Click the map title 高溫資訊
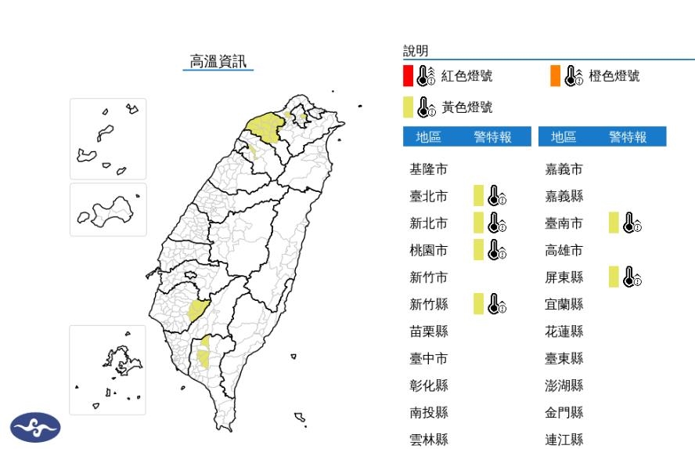(x=218, y=61)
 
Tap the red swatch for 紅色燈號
(x=408, y=76)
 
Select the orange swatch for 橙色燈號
(x=555, y=76)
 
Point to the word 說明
(x=416, y=51)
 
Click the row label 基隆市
(x=429, y=169)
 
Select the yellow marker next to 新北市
(x=478, y=223)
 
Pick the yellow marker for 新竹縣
(x=478, y=304)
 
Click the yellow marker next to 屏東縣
(x=614, y=277)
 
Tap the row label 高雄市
(x=564, y=251)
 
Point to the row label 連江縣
(x=564, y=440)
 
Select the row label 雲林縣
(x=429, y=440)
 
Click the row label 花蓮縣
(x=564, y=331)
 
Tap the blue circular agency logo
(x=34, y=427)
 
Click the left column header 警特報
(x=492, y=137)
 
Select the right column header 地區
(x=564, y=137)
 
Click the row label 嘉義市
(x=564, y=169)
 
